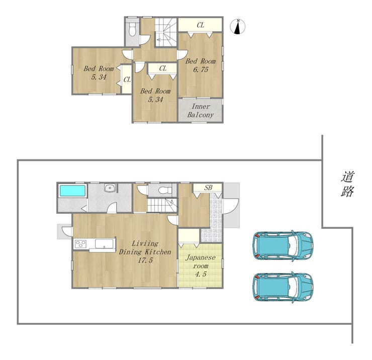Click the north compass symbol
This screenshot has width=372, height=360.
click(238, 27)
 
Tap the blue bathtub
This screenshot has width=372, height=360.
click(72, 191)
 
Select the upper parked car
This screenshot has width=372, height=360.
click(283, 245)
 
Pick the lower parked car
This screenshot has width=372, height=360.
click(283, 287)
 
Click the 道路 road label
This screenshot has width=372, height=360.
click(347, 184)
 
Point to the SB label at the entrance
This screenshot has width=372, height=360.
click(208, 188)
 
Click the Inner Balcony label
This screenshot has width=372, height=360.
click(201, 111)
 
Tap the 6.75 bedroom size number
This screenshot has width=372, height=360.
click(201, 69)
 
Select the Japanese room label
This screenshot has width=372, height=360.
click(201, 261)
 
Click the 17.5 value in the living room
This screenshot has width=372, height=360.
click(145, 260)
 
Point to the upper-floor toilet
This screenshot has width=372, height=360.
click(132, 29)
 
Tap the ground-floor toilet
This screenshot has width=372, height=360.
click(165, 190)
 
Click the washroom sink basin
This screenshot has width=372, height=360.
click(110, 188)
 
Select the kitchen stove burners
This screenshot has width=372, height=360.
click(80, 244)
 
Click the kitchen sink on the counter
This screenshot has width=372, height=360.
click(104, 244)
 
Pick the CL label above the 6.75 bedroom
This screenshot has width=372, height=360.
click(201, 25)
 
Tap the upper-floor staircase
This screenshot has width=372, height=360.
click(166, 32)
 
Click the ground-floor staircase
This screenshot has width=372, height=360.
click(162, 205)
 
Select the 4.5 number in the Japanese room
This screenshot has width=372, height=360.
click(201, 275)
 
